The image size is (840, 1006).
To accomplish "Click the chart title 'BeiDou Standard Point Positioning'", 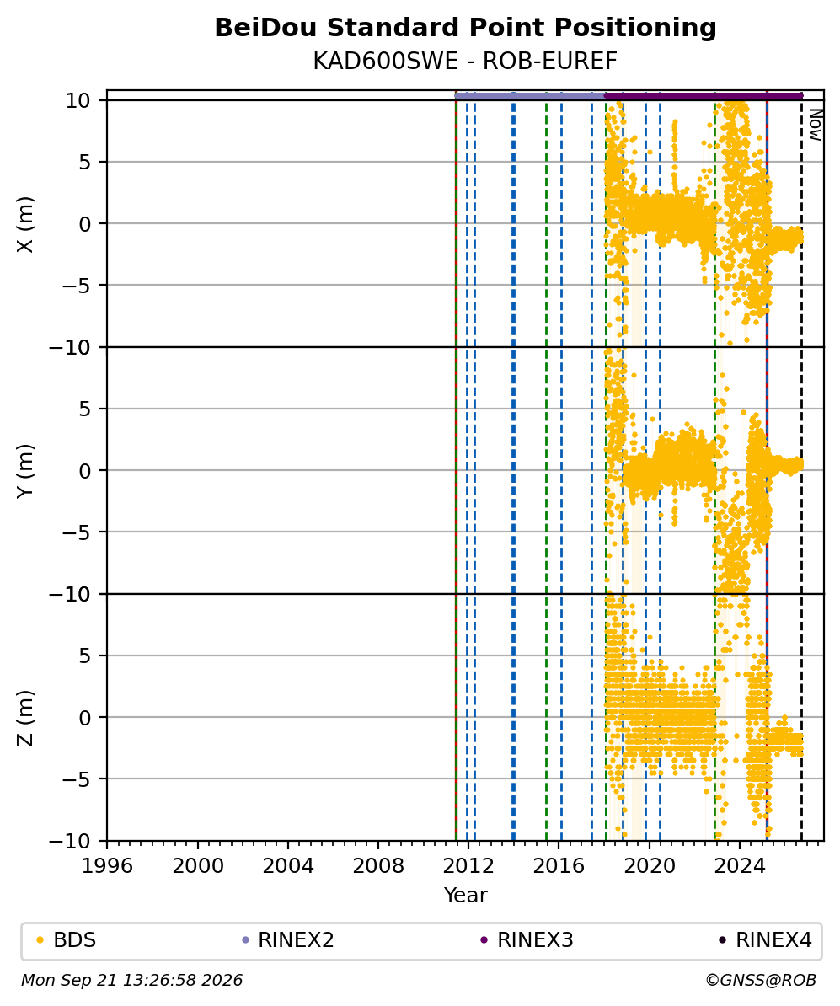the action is tap(465, 29).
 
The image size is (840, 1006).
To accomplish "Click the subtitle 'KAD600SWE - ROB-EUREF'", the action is tap(465, 62).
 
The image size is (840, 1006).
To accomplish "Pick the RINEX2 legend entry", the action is tap(288, 940).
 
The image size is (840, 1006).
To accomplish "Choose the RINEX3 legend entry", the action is tap(527, 940).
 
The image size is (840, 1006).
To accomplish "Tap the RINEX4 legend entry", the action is tap(766, 940).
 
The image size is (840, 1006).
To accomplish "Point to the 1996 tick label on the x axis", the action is tap(107, 865).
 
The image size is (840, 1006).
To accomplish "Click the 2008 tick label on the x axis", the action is tap(378, 865).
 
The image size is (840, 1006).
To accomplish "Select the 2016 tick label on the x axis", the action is tap(559, 865).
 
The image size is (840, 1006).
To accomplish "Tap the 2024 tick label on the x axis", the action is tap(739, 865).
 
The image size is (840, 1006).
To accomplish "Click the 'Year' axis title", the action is tap(465, 895).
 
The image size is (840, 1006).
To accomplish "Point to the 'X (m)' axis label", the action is tap(25, 224).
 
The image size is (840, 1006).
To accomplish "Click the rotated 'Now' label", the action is tap(815, 125).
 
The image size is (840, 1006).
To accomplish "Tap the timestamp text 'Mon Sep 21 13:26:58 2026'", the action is tap(132, 981).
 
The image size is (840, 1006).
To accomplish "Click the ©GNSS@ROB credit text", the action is tap(761, 981).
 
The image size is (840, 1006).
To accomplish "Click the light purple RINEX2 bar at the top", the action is tap(530, 95).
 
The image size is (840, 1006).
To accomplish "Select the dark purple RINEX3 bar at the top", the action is tap(704, 95).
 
